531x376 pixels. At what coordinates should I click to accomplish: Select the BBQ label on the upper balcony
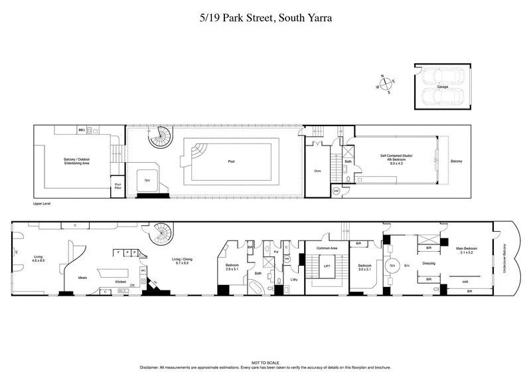click(81, 130)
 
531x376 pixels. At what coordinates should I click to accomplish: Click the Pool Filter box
click(118, 186)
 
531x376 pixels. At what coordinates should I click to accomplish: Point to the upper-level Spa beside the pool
click(146, 179)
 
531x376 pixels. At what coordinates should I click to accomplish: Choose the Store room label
click(317, 171)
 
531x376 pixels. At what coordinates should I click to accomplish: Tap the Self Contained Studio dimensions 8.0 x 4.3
click(396, 163)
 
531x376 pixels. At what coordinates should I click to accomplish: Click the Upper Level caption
click(42, 204)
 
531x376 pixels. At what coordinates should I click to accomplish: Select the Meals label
click(83, 278)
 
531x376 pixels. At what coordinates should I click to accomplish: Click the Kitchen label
click(121, 282)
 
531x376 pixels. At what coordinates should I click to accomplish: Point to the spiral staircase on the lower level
click(160, 234)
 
